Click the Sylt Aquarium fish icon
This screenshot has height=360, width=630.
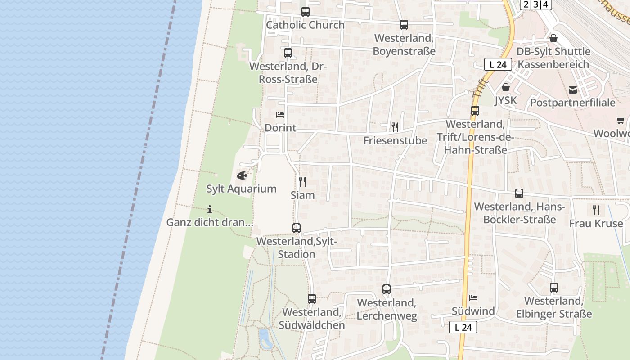coord(242,175)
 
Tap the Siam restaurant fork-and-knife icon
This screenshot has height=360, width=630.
coord(302,182)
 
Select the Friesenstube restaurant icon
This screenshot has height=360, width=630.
coord(395,127)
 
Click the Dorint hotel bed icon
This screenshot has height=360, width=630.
coord(280,115)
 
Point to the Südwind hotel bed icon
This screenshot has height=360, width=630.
coord(473,298)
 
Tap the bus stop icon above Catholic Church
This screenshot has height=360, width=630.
coord(306,12)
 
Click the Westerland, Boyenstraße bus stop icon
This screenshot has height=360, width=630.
coord(404,25)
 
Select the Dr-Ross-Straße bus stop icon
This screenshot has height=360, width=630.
coord(288,53)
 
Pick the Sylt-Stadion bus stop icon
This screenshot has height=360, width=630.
coord(296,228)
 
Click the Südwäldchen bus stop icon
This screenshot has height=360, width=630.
coord(311,298)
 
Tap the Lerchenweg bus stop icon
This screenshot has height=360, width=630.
coord(387,289)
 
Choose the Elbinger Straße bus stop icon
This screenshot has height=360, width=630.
coord(554,288)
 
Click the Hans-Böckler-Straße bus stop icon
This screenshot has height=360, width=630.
coord(519,193)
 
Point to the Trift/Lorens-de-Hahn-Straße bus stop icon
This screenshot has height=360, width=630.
coord(475,111)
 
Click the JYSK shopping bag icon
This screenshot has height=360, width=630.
coord(506,87)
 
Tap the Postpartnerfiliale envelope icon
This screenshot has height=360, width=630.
coord(573,90)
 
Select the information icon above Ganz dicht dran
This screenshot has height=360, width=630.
coord(210,209)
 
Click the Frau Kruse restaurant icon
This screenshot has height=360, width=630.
coord(596,210)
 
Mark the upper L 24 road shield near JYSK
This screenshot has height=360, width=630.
coord(498,64)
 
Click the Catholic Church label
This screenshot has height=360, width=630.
coord(305,25)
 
